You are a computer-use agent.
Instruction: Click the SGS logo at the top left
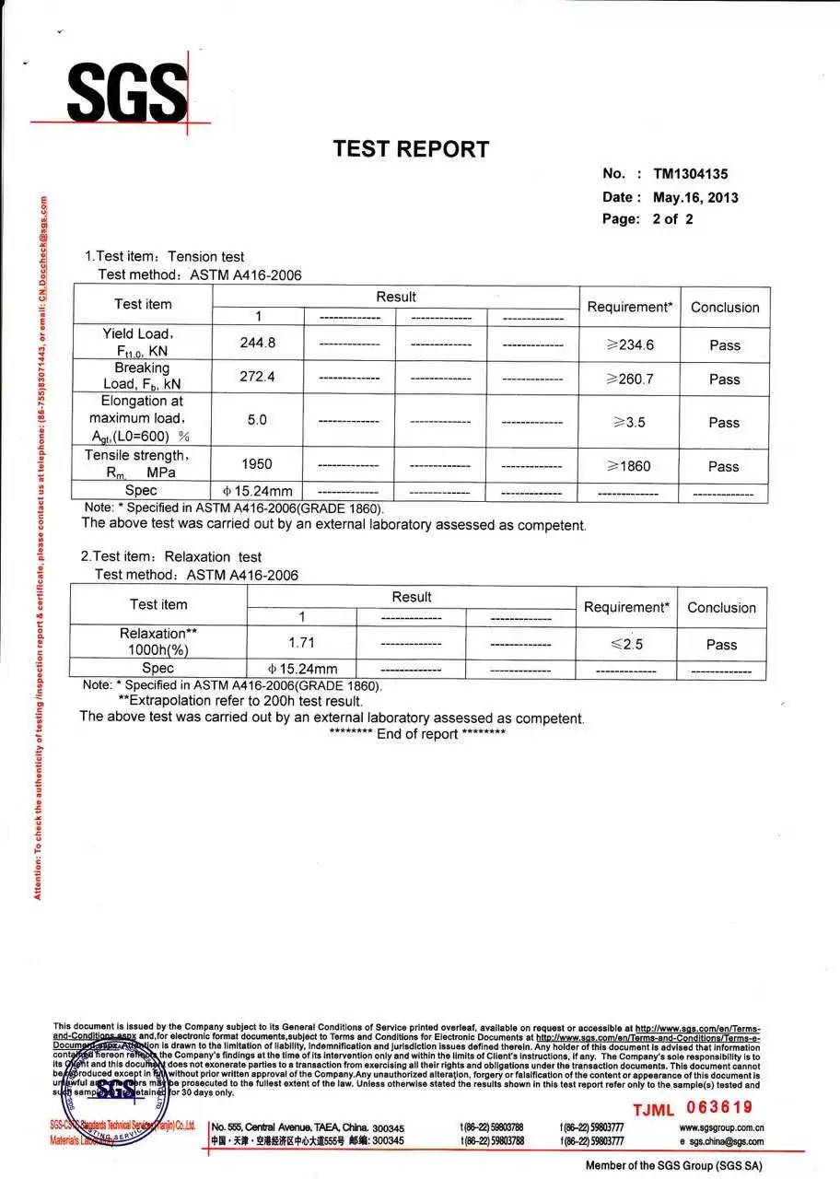[x=126, y=92]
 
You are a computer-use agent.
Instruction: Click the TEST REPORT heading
[x=411, y=148]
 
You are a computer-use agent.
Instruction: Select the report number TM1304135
[x=691, y=173]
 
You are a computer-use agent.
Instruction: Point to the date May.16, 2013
[x=695, y=197]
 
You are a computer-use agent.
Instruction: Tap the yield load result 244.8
[x=258, y=344]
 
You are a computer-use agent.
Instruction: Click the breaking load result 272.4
[x=258, y=377]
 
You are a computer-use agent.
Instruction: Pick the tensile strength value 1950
[x=257, y=464]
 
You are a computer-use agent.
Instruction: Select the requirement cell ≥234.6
[x=630, y=344]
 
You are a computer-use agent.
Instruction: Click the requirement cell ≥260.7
[x=630, y=379]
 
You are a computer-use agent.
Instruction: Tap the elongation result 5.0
[x=257, y=420]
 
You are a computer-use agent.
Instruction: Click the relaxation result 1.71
[x=301, y=642]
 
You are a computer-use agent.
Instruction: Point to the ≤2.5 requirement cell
[x=626, y=644]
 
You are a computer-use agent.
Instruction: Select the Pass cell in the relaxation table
[x=721, y=644]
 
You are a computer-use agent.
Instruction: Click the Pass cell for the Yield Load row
[x=724, y=344]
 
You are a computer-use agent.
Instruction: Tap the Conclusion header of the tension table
[x=725, y=307]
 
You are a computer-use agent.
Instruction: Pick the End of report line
[x=417, y=734]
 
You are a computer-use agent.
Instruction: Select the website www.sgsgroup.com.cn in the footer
[x=721, y=1127]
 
